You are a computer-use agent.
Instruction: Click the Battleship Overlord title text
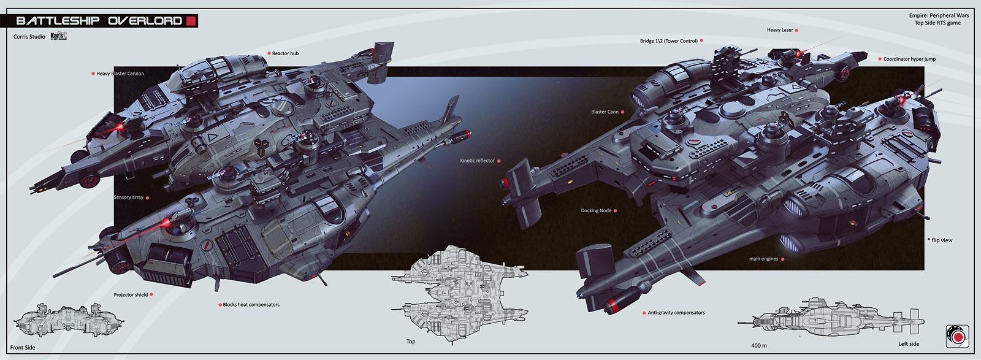[x=99, y=21]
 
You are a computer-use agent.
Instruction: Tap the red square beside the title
[x=191, y=21]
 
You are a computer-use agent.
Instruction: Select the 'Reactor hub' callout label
[x=285, y=53]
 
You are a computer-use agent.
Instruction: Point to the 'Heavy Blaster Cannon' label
[x=120, y=74]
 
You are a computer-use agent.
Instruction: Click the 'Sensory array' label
[x=129, y=197]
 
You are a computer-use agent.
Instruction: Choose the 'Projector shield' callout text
[x=131, y=295]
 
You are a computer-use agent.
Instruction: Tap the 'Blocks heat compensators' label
[x=251, y=305]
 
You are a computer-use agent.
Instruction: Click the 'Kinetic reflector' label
[x=477, y=161]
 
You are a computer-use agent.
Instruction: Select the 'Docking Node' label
[x=596, y=210]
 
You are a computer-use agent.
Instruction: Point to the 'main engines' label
[x=763, y=259]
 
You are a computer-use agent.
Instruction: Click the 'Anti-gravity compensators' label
[x=676, y=313]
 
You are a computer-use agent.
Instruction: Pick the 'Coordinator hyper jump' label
[x=909, y=59]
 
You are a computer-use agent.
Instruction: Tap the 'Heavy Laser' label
[x=780, y=30]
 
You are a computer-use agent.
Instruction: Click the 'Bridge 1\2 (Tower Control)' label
[x=669, y=41]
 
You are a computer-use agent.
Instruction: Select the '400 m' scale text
[x=759, y=346]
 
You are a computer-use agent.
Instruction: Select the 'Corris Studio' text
[x=29, y=37]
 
